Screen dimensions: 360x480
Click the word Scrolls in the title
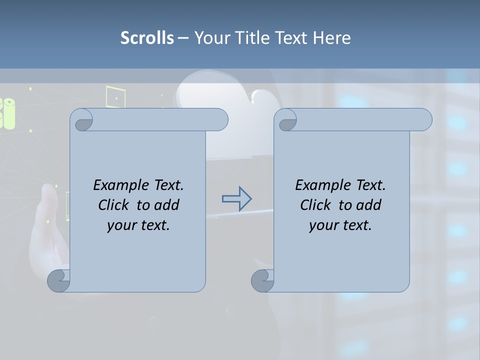(147, 37)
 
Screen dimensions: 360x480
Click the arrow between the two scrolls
(236, 199)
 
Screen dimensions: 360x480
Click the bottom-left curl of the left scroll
(58, 280)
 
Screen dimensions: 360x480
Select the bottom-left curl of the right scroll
(262, 280)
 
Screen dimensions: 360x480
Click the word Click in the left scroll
(113, 205)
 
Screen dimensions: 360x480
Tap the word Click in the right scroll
(315, 205)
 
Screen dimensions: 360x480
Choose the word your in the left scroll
(120, 225)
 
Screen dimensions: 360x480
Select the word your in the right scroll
(322, 225)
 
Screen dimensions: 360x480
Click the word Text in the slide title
(292, 37)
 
